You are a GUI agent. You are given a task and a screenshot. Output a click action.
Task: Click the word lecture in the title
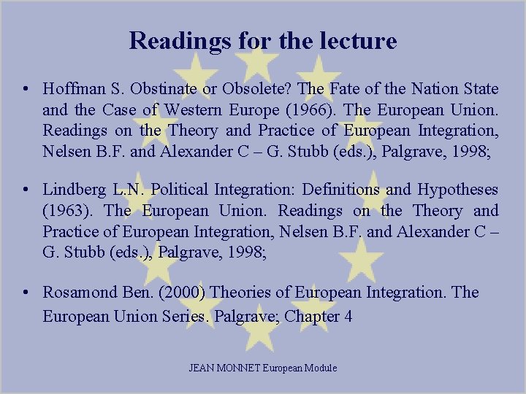click(357, 40)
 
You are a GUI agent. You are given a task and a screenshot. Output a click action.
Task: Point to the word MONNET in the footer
click(241, 368)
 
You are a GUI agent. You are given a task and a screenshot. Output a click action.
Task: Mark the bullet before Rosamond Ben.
click(26, 293)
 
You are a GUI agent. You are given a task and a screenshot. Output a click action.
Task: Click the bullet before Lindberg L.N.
click(26, 190)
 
